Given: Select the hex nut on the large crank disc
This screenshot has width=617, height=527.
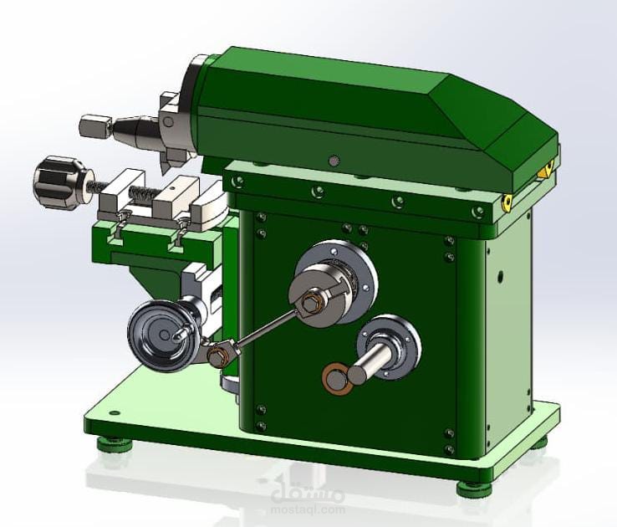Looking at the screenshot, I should pyautogui.click(x=310, y=302).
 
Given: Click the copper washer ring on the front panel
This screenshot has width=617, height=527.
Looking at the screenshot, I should pyautogui.click(x=336, y=378).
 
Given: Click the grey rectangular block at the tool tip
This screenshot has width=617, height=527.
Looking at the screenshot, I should pyautogui.click(x=94, y=128).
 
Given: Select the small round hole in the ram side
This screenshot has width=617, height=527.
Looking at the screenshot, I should pyautogui.click(x=334, y=160).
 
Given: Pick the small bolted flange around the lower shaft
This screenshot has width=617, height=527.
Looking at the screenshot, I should pyautogui.click(x=391, y=344).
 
